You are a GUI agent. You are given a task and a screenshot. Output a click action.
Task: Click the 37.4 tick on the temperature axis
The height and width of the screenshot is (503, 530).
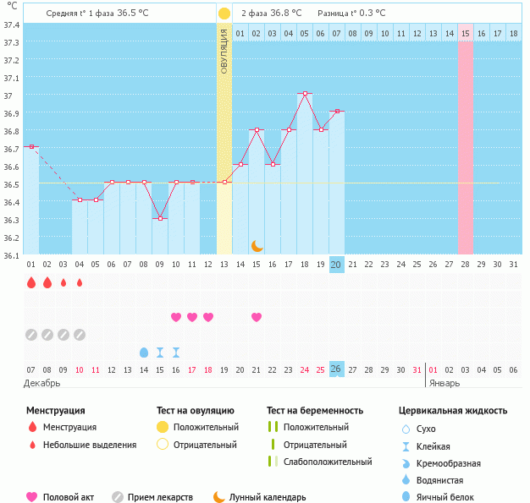[x=11, y=25]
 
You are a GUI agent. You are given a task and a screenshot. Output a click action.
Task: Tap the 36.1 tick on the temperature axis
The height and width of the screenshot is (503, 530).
[x=11, y=254]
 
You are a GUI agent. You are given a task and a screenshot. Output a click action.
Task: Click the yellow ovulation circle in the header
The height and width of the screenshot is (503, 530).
[x=224, y=14]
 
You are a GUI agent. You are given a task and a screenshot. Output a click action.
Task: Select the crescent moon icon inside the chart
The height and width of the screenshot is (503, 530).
[x=257, y=246]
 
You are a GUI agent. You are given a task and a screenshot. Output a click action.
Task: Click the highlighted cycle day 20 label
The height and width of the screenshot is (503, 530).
[x=336, y=265]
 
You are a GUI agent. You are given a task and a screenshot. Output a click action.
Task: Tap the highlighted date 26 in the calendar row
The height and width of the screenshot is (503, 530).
[x=336, y=369]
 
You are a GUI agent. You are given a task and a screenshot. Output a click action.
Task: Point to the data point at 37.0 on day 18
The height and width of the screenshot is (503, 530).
[x=305, y=93]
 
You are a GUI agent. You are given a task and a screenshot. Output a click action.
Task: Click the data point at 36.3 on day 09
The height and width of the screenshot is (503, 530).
[x=160, y=218]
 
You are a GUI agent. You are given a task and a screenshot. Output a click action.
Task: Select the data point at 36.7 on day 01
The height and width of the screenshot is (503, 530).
[x=31, y=146]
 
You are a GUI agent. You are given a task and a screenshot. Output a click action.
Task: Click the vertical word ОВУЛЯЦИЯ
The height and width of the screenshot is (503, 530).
[x=224, y=51]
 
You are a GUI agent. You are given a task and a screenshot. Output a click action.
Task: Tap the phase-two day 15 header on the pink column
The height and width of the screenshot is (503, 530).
[x=466, y=33]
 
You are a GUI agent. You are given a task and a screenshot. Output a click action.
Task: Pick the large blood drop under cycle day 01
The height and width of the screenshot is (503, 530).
[x=31, y=282]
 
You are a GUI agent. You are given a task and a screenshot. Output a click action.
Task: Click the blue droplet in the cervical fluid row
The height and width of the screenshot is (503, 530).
[x=143, y=352]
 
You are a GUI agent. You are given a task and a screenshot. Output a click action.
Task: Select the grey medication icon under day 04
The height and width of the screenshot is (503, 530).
[x=80, y=334]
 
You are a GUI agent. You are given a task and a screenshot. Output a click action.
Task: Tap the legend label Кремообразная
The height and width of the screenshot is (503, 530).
[x=449, y=463]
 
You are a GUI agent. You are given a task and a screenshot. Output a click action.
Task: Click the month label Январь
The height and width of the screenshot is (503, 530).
[x=444, y=383]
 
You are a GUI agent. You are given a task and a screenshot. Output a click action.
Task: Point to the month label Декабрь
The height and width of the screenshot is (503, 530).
[x=41, y=383]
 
